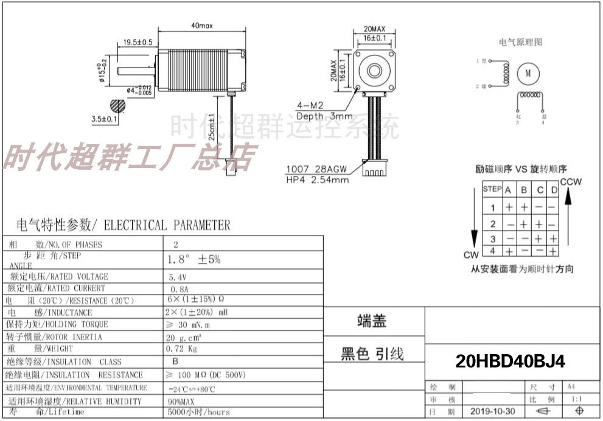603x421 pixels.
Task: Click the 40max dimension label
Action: pos(201,26)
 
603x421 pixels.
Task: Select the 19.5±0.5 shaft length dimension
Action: pos(138,42)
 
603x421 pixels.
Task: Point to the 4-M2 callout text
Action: pos(308,105)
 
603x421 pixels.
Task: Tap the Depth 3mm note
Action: pos(324,116)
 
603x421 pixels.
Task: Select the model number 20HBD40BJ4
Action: pos(511,362)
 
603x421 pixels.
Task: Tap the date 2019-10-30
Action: pos(492,411)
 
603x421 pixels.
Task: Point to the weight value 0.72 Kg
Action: pos(181,349)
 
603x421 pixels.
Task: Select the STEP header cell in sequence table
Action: pos(492,189)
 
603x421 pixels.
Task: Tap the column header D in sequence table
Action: pos(553,190)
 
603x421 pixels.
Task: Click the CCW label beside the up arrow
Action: pos(571,182)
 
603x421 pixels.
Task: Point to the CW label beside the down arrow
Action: pos(471,255)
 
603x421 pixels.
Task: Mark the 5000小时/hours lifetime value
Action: pos(199,412)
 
